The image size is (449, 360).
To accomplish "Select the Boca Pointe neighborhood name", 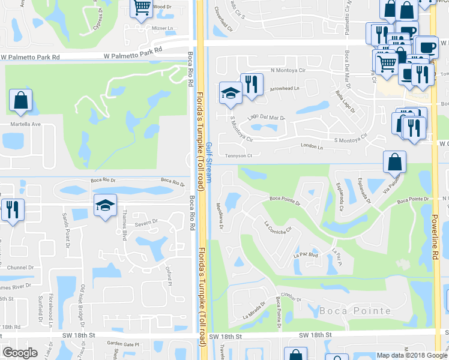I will pos(355,310).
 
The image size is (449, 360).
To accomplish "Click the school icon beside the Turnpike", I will pos(231,93).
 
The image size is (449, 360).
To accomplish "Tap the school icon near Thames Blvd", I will pos(104,205).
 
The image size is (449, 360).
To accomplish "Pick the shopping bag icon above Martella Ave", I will pos(21,101).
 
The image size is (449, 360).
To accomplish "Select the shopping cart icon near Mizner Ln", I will pos(142,8).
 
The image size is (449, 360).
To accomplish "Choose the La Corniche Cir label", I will pos(277,228).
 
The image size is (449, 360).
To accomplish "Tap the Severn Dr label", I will pos(145,222).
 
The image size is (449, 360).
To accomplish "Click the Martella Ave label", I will pos(24,124).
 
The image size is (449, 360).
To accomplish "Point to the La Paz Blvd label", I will pos(304,256).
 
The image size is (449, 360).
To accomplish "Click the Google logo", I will pos(20,353).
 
